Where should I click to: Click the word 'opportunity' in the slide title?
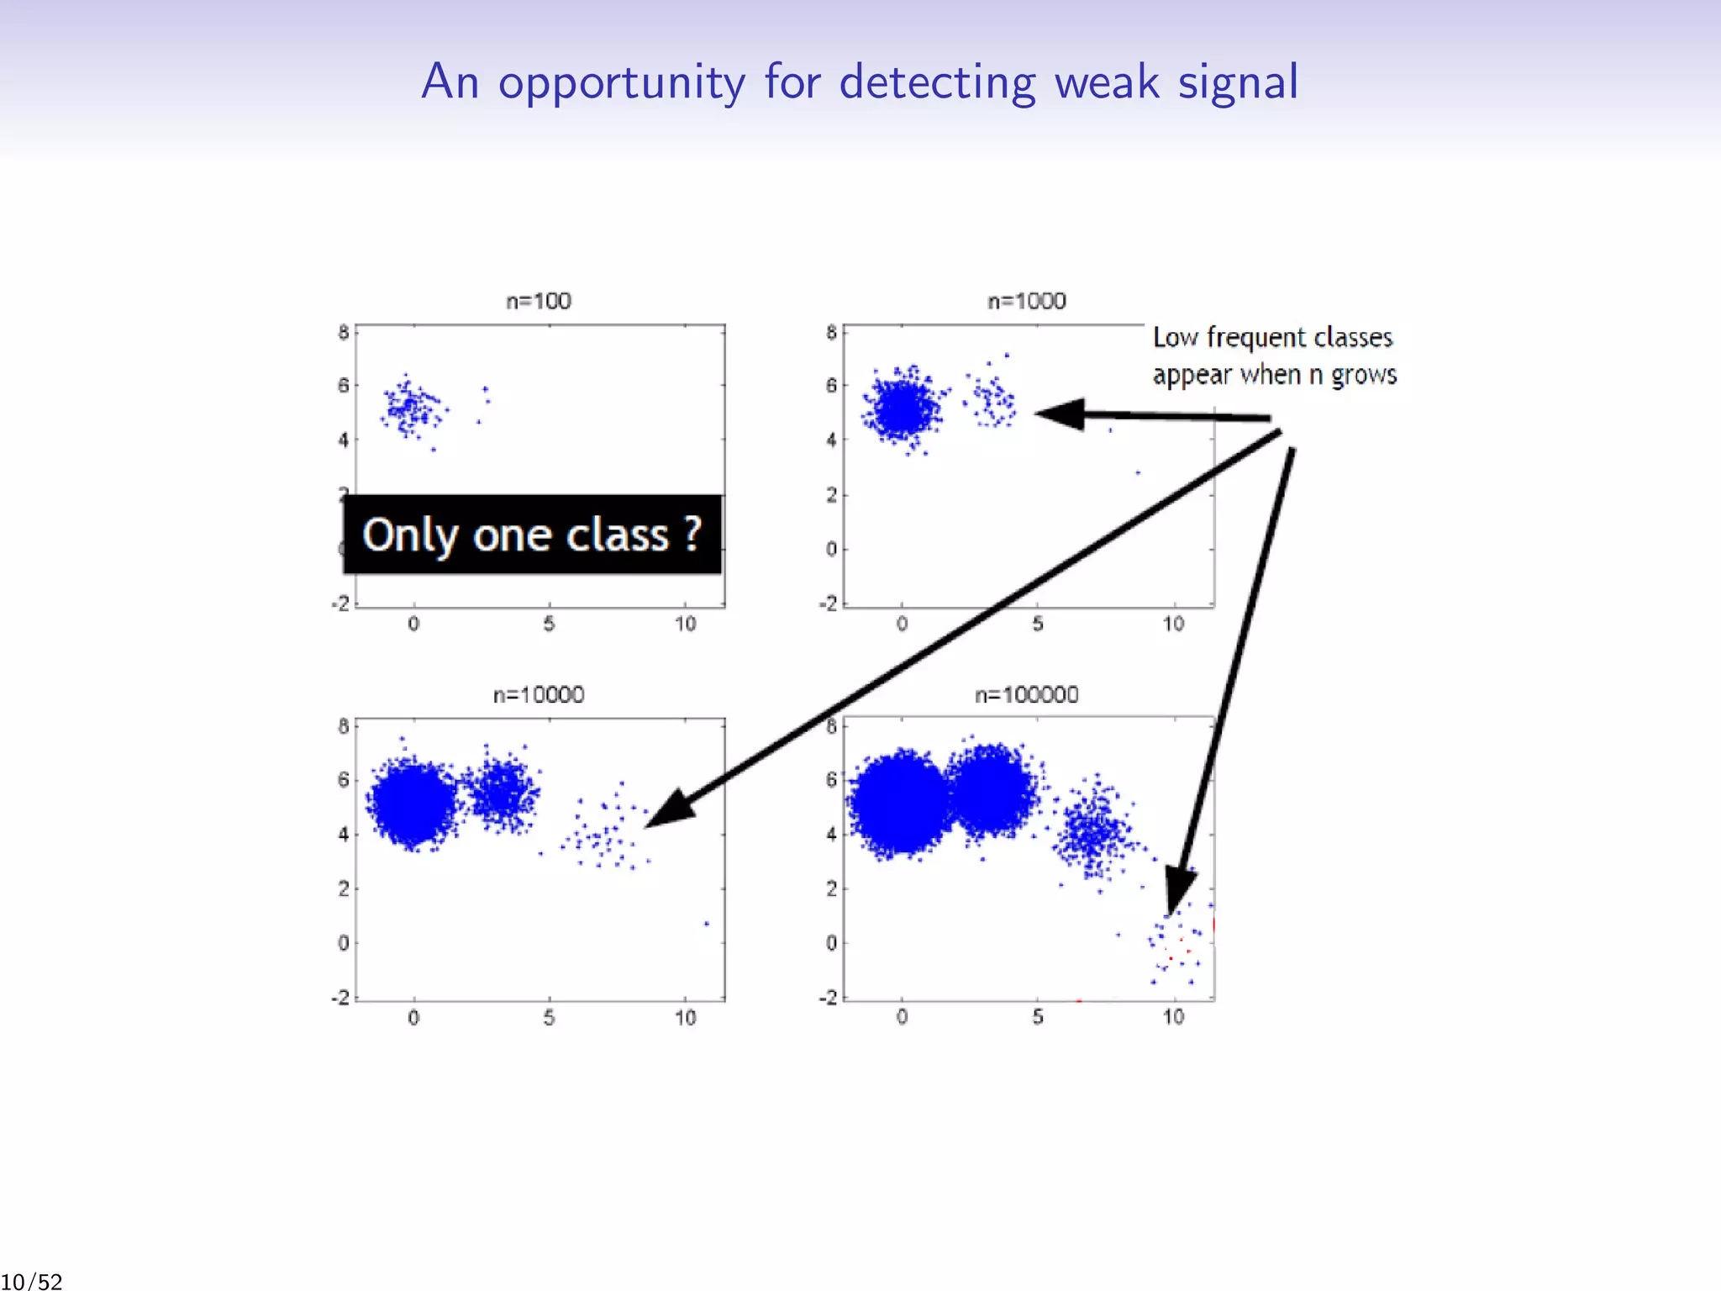click(621, 83)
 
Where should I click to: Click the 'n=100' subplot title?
click(539, 301)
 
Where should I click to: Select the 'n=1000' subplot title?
click(1026, 301)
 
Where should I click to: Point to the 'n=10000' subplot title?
click(539, 695)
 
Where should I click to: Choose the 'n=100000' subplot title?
click(1026, 695)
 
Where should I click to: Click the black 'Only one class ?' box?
click(532, 535)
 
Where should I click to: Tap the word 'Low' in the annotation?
click(1175, 337)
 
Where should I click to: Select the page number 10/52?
click(32, 1281)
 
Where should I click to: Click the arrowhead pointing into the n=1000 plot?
click(1060, 414)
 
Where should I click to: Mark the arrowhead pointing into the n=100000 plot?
click(1180, 892)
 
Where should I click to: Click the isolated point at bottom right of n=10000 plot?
click(707, 924)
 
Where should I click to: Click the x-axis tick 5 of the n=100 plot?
click(549, 624)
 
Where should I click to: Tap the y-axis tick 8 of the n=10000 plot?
click(343, 726)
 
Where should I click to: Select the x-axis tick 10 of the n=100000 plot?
click(1174, 1018)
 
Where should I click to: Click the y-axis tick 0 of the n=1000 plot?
click(831, 549)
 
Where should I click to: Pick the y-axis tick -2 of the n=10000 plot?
click(340, 998)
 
